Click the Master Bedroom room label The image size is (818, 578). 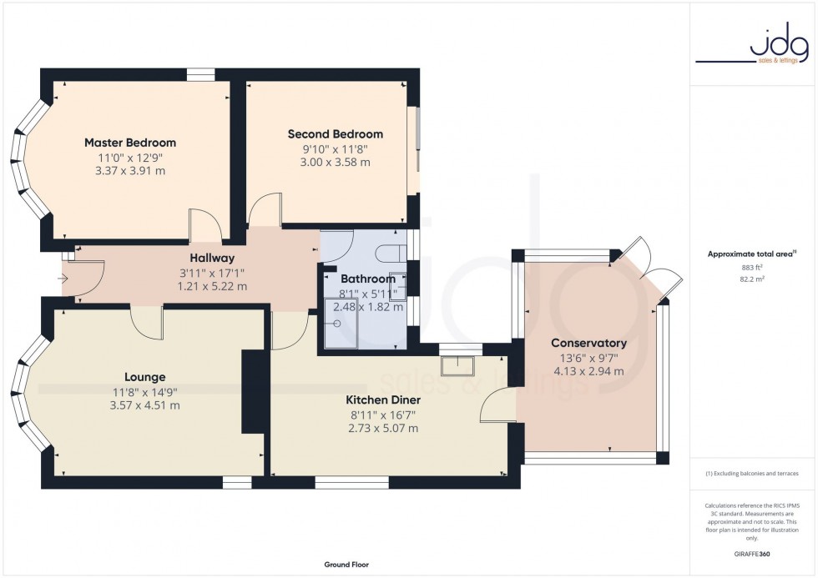click(129, 143)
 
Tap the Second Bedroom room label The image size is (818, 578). click(335, 134)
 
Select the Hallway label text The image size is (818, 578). click(211, 259)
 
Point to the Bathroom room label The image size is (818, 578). click(367, 279)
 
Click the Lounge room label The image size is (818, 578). click(145, 377)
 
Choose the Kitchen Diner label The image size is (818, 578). click(382, 400)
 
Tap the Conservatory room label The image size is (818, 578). click(588, 344)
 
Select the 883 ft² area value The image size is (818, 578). click(752, 267)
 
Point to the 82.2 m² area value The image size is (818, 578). click(752, 279)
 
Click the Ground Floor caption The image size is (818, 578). click(346, 565)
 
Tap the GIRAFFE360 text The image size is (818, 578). click(752, 552)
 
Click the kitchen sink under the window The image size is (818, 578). click(457, 364)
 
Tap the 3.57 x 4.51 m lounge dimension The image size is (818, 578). click(145, 406)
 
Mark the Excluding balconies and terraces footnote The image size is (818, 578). click(752, 474)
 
